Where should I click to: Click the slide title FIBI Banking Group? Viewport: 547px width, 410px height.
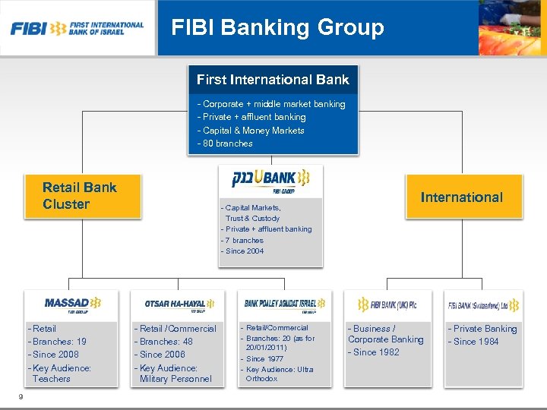277,28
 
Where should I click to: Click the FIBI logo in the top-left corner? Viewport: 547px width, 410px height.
77,29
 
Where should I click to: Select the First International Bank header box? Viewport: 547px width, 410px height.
273,80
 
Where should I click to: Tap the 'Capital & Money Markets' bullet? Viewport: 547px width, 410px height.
252,131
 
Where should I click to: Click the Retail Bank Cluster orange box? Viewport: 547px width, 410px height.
80,196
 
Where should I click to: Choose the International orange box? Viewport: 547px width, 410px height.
461,197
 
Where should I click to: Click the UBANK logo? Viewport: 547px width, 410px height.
270,179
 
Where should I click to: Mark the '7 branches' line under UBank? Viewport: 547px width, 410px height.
243,240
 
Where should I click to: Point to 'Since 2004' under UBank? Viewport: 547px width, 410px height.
244,251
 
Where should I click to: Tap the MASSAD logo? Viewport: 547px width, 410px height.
71,304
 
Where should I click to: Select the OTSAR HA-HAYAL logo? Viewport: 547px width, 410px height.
179,304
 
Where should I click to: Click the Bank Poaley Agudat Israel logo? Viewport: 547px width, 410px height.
284,304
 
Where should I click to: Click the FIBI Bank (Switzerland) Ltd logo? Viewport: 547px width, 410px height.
483,305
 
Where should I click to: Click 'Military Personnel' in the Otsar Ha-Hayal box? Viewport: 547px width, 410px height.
175,379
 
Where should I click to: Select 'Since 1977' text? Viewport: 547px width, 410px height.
265,359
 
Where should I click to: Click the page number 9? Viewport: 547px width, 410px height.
21,396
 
